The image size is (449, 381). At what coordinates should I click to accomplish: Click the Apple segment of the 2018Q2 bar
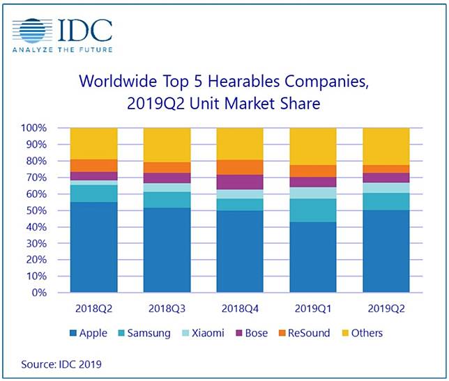93,247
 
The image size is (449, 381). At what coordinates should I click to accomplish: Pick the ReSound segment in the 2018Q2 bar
93,165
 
